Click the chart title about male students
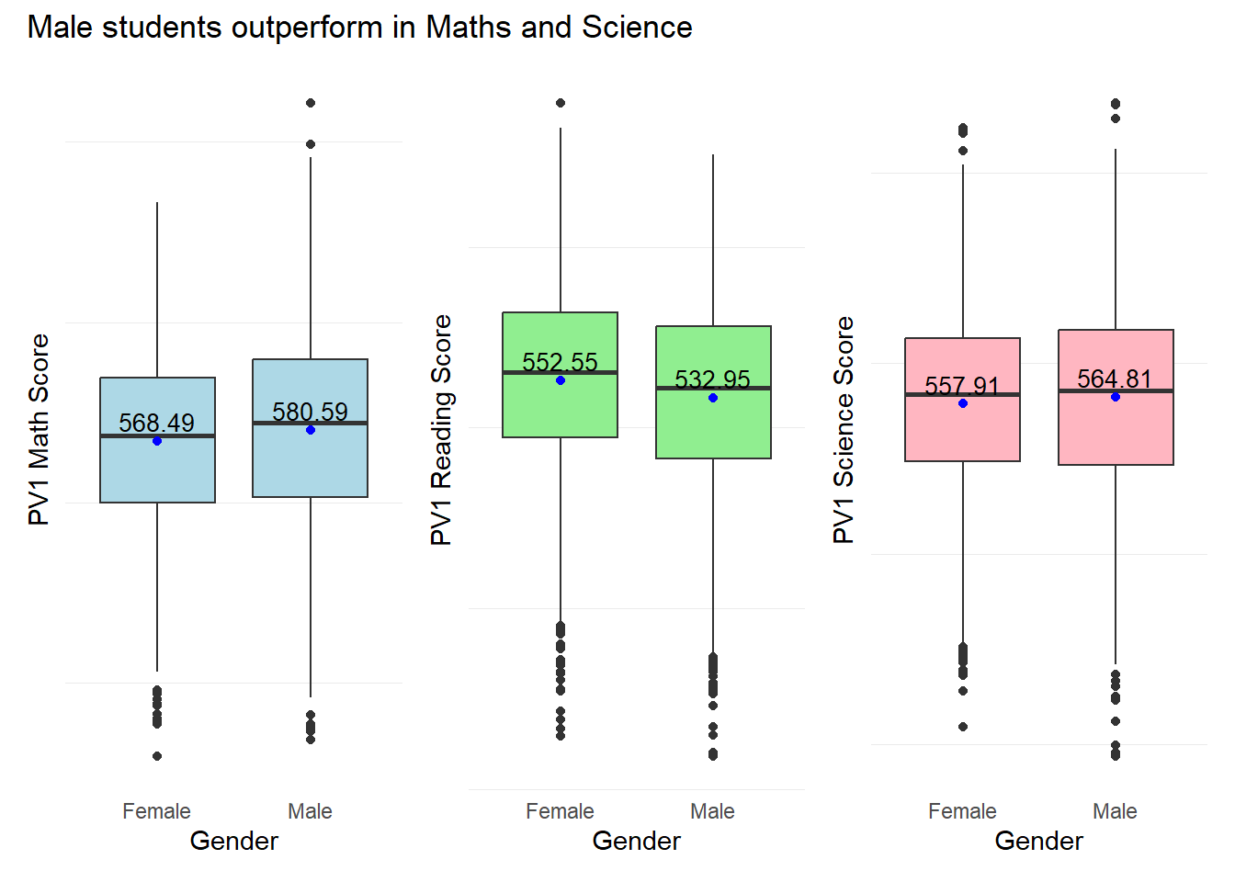click(359, 28)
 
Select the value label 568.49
click(157, 423)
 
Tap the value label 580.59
click(311, 412)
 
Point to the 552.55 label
click(560, 362)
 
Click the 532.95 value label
click(712, 379)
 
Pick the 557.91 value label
click(961, 386)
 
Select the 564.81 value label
click(1115, 379)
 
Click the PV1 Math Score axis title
click(39, 429)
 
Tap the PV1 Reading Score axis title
click(441, 429)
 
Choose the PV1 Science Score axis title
click(844, 429)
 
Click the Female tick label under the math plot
click(156, 811)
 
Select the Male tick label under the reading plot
click(712, 811)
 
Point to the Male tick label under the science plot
click(1115, 811)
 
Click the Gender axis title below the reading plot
click(636, 841)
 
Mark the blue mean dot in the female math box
click(157, 441)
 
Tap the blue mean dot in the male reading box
click(713, 398)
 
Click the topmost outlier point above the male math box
click(311, 103)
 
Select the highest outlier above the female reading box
click(561, 103)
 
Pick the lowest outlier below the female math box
click(157, 756)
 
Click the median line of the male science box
click(1116, 391)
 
